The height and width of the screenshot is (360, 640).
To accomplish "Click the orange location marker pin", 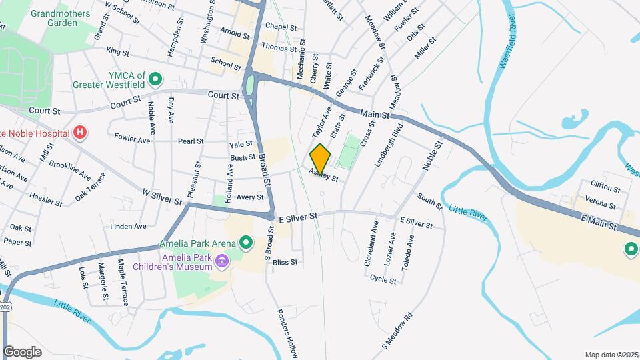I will pyautogui.click(x=320, y=157).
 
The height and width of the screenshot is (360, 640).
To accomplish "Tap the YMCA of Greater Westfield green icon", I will pyautogui.click(x=155, y=80).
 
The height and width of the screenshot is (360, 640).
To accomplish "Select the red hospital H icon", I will pyautogui.click(x=80, y=133).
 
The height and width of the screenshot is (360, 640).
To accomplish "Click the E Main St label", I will pyautogui.click(x=599, y=223).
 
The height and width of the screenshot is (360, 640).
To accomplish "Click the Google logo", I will pyautogui.click(x=22, y=351).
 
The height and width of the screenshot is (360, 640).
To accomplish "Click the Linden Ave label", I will pyautogui.click(x=128, y=227).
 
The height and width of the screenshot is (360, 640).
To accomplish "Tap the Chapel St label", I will pyautogui.click(x=280, y=27).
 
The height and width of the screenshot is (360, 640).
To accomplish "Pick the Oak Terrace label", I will pyautogui.click(x=91, y=188).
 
